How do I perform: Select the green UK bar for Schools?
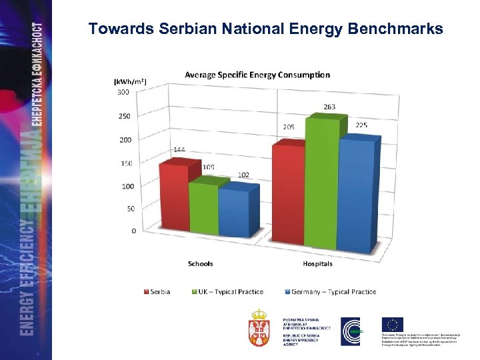[x=203, y=208]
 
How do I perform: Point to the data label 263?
[x=329, y=107]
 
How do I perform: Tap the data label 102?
[x=243, y=175]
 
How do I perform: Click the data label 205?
[x=288, y=127]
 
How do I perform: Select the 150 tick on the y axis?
[x=126, y=163]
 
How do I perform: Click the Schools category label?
[x=200, y=264]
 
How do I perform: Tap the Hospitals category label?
[x=317, y=264]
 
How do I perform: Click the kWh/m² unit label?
[x=130, y=81]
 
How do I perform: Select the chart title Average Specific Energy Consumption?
[x=257, y=75]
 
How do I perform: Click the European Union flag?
[x=393, y=325]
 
